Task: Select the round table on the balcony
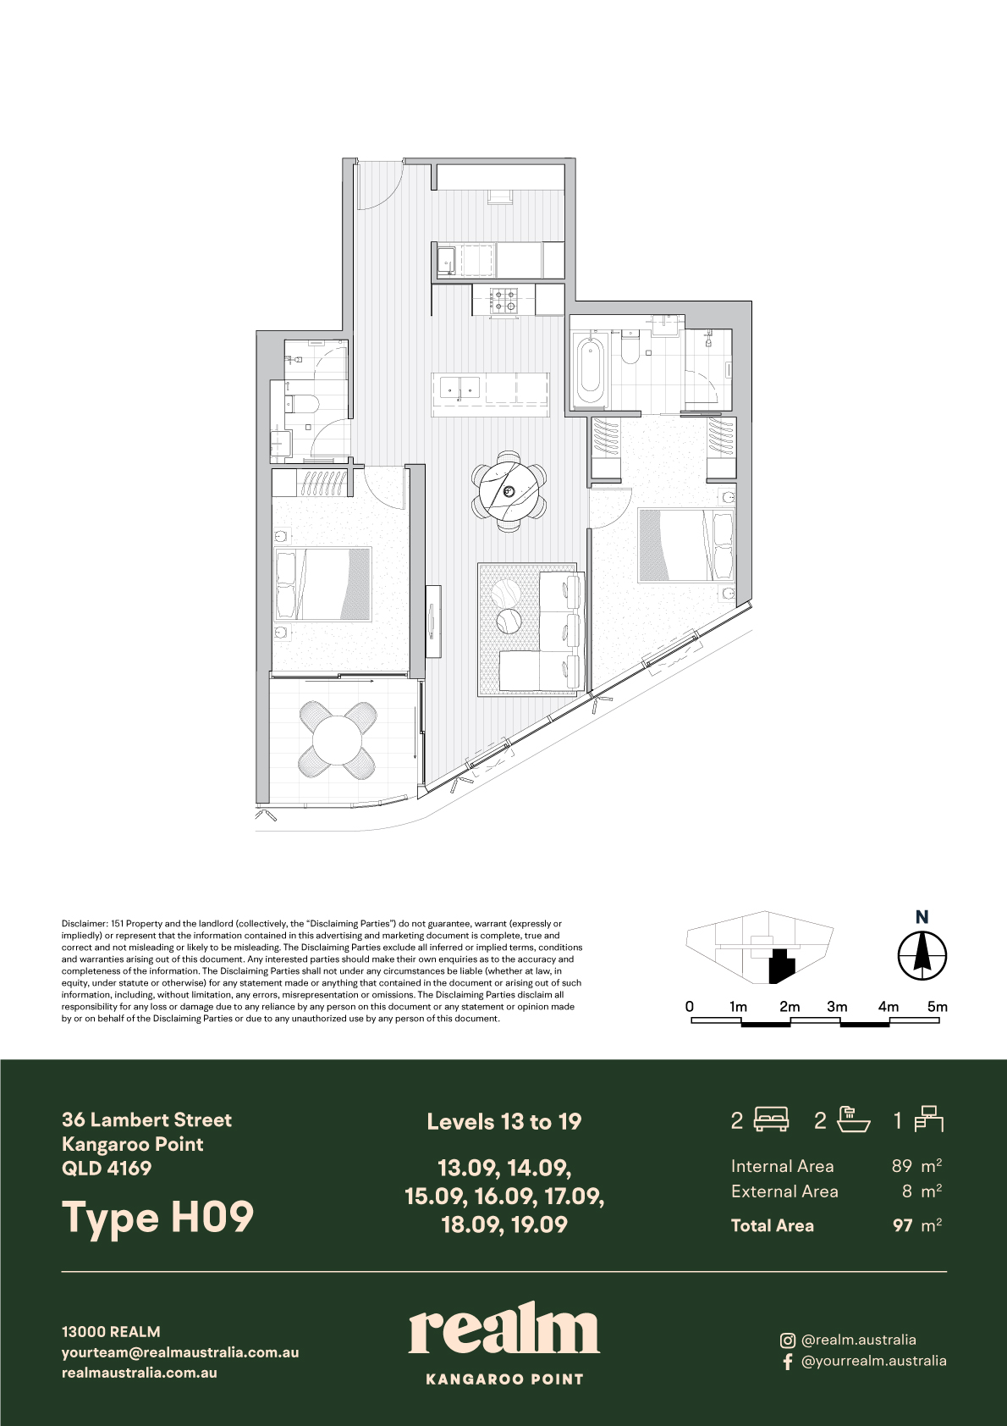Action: [338, 740]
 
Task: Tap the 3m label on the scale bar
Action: [837, 1007]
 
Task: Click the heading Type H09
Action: [157, 1217]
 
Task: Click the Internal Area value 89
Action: [902, 1166]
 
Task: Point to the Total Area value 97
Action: [903, 1224]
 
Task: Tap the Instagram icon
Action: [788, 1340]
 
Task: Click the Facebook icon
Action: [788, 1362]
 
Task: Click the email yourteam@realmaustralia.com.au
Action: [180, 1353]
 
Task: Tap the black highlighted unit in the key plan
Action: [781, 965]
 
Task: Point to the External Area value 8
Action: [907, 1191]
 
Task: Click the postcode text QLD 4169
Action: [107, 1169]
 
